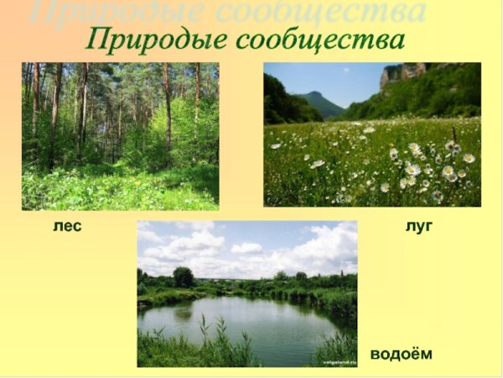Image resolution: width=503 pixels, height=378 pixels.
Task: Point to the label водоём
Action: (402, 354)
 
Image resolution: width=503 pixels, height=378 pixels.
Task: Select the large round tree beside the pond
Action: (184, 276)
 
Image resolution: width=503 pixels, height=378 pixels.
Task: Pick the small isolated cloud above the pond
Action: (246, 248)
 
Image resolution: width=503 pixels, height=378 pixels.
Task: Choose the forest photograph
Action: (120, 136)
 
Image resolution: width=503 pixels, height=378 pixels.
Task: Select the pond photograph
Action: (246, 294)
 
